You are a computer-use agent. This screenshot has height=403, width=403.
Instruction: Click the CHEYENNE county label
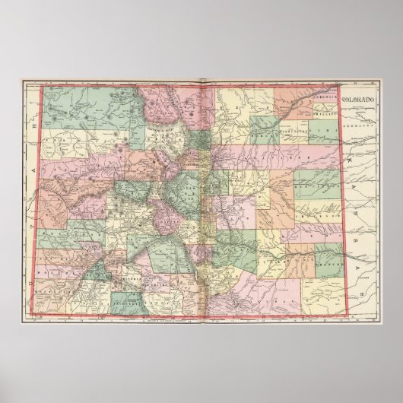pos(319,205)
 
